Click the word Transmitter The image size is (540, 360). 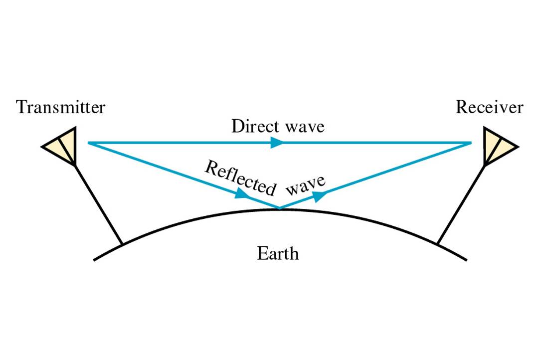[60, 108]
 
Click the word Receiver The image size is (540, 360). [489, 108]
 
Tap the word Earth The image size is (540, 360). [278, 254]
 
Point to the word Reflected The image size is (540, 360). [240, 179]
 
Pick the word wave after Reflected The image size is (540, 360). [307, 185]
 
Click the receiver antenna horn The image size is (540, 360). [498, 146]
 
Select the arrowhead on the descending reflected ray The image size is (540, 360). [242, 194]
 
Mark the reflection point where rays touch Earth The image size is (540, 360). [279, 208]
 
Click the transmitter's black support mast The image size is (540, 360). [98, 204]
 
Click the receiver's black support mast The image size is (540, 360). [461, 204]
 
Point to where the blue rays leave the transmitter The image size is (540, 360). [89, 143]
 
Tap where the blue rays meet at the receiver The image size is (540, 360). [471, 143]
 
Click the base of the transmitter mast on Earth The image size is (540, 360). [122, 244]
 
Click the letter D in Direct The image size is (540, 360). [236, 126]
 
